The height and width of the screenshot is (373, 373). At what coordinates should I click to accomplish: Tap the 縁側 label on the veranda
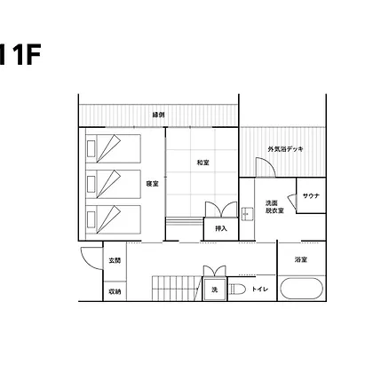coord(158,115)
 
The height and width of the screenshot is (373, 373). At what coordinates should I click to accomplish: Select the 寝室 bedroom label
coord(152,184)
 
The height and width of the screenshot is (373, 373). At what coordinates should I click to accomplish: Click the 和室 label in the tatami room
coord(203,163)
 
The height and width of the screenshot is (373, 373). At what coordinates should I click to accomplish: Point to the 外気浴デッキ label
coord(285,149)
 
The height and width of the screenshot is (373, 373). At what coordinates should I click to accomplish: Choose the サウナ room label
coord(311,195)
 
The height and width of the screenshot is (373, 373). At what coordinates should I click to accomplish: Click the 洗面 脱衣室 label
coord(274,207)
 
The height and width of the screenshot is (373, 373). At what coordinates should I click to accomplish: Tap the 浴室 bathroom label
coord(301,259)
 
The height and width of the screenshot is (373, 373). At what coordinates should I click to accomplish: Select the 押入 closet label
coord(221,228)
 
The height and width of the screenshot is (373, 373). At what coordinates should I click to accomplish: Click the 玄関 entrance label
coord(115,260)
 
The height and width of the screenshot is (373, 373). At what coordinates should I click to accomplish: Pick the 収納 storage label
coord(115,291)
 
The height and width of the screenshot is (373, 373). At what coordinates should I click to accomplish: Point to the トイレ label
coord(260,290)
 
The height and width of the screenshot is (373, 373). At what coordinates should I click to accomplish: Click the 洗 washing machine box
coord(215,290)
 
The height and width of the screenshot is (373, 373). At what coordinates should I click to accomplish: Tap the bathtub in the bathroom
coord(301,289)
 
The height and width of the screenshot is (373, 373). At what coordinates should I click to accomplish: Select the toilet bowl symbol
coord(237,290)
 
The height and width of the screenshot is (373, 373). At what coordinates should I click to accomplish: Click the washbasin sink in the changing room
coord(247,214)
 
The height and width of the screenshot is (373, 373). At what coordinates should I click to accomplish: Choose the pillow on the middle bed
coord(91,184)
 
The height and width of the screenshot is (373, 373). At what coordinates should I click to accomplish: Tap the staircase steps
coord(177,289)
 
